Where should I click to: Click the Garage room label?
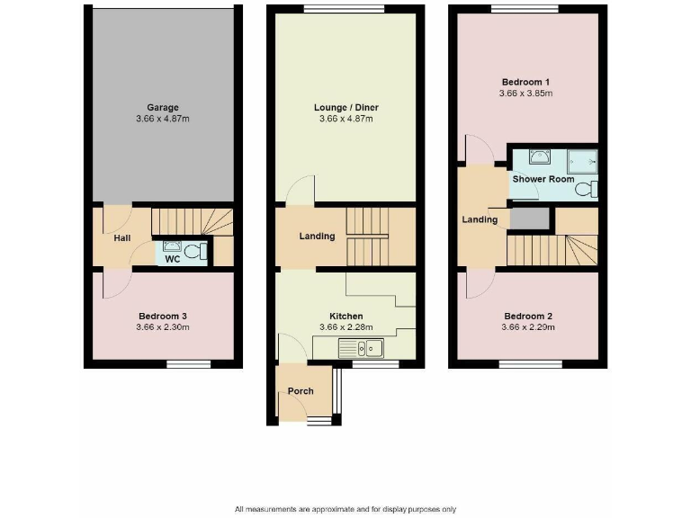coord(163,107)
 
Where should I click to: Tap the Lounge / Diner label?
coord(345,107)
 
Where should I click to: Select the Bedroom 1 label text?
coord(525,80)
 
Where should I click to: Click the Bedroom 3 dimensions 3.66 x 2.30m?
coord(163,327)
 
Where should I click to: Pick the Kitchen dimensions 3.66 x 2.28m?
coord(345,327)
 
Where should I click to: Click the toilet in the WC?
coord(202,253)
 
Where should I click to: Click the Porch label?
coord(301,391)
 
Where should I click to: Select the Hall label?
coord(122,238)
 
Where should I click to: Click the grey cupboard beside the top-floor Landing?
coord(528,219)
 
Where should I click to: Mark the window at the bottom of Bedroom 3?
coord(188,364)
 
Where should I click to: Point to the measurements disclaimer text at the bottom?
coord(345,508)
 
